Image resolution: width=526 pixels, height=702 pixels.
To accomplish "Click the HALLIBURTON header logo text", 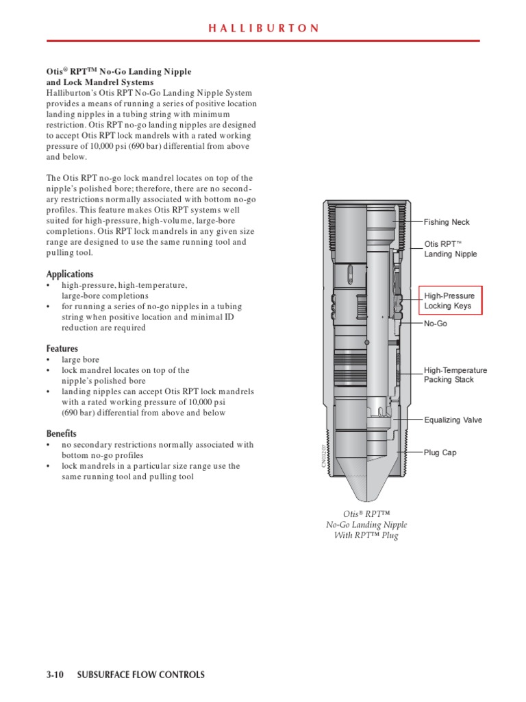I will coord(263,28).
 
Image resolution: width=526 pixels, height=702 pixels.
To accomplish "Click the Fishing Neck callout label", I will coord(447,222).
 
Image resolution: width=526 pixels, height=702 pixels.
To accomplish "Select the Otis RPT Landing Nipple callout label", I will coord(450,249).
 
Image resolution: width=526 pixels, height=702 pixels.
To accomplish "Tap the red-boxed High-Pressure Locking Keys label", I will coord(450,300).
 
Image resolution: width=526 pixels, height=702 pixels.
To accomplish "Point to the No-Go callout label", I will coord(436,323).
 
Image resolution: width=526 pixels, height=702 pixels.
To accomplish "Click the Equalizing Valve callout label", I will coord(453,420).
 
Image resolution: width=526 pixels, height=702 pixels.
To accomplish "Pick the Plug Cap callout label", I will coord(440,452).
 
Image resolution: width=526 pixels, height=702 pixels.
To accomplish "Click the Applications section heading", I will coord(70,274).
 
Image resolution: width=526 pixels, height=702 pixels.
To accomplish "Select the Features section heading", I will coord(62,348).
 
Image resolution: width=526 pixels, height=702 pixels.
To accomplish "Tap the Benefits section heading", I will coord(62,433).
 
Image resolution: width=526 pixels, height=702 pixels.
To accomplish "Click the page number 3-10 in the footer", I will coord(55,675).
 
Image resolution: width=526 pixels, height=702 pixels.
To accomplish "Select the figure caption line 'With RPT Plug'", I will coord(366,535).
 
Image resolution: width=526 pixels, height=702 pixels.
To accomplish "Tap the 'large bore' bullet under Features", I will coord(80,359).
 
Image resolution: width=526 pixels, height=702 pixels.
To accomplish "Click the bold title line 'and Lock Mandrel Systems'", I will coord(99,82).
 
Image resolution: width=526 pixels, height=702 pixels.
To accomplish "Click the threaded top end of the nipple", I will coord(366,204).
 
